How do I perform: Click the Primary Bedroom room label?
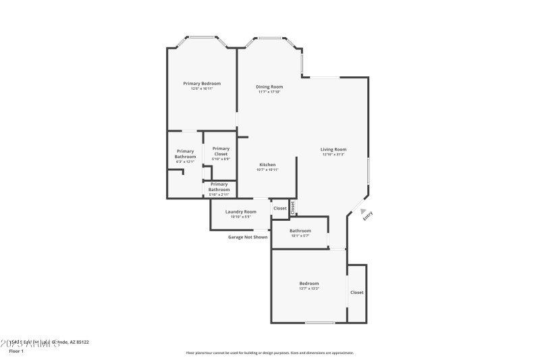point(202,83)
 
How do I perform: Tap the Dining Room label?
point(269,86)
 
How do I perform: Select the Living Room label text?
point(333,149)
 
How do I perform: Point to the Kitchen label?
point(267,164)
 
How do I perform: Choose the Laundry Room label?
point(240,211)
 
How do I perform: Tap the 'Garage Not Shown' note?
point(247,237)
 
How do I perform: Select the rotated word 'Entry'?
point(368,216)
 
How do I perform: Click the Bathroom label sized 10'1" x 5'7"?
point(300,230)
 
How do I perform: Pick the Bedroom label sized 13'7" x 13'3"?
point(309,283)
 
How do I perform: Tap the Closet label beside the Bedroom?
point(356,292)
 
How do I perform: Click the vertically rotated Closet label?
point(293,208)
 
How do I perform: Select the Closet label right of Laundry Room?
point(279,208)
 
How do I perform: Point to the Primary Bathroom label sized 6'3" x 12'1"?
point(185,153)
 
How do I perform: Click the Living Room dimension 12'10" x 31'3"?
point(333,155)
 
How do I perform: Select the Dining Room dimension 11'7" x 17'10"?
point(269,92)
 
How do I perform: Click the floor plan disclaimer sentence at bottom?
point(269,353)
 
